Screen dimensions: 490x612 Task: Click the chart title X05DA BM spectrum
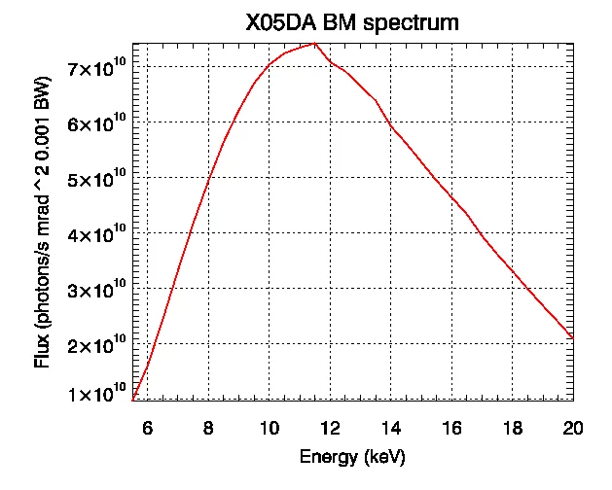[352, 22]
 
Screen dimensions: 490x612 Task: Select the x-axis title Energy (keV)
[352, 456]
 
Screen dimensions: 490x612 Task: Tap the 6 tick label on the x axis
[147, 425]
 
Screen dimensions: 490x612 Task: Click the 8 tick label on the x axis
[208, 425]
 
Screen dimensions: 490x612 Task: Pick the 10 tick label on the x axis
[269, 425]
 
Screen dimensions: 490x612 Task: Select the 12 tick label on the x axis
[330, 425]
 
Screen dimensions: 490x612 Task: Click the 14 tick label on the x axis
[391, 425]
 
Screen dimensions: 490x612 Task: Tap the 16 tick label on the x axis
[451, 425]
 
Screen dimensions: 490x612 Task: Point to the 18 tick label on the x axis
[513, 425]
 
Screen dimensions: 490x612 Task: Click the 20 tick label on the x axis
[573, 425]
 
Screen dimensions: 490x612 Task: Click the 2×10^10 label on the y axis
[96, 344]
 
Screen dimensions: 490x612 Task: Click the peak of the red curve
[313, 44]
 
